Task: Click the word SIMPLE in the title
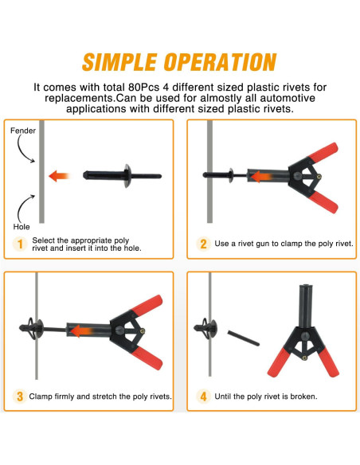coord(119,62)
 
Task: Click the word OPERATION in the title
coord(221,62)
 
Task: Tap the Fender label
coord(23,131)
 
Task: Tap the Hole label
coord(22,227)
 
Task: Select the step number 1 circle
coord(20,244)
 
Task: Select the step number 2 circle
coord(203,244)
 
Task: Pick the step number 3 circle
coord(20,397)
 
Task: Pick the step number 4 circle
coord(203,397)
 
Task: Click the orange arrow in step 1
coord(59,176)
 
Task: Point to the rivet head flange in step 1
coord(127,176)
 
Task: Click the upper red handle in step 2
coord(323,153)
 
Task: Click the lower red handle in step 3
coord(147,358)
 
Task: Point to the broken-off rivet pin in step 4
coord(244,338)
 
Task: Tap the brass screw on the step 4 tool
coord(304,358)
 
